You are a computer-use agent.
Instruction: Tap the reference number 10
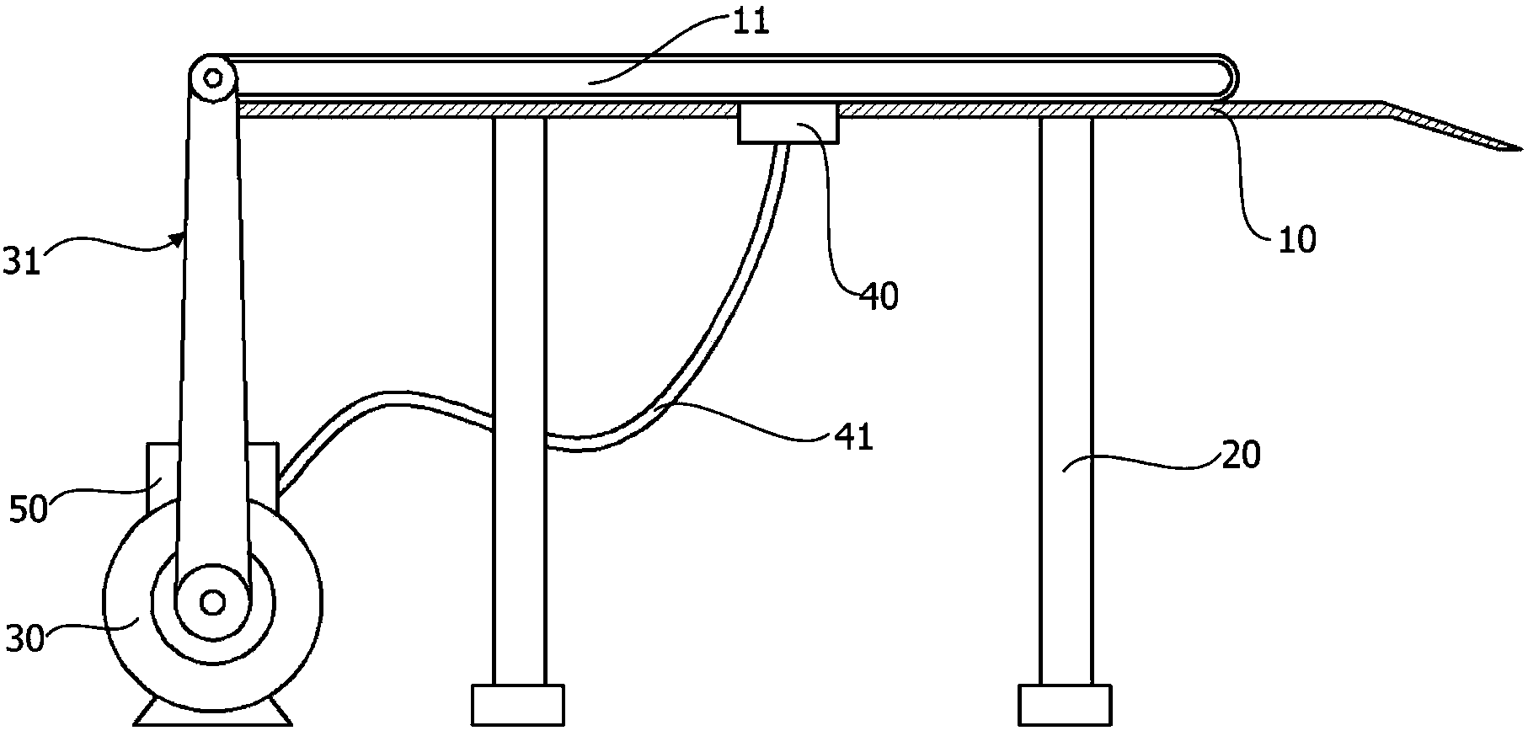1297,240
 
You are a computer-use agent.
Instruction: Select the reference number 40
879,296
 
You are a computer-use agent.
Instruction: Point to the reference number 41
854,437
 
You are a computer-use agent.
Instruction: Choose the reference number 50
27,509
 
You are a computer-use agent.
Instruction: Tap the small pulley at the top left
212,78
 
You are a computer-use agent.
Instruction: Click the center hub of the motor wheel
212,601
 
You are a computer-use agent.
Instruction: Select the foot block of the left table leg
517,705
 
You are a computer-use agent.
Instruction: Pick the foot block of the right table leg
1065,705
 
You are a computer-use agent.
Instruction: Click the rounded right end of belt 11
1230,78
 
